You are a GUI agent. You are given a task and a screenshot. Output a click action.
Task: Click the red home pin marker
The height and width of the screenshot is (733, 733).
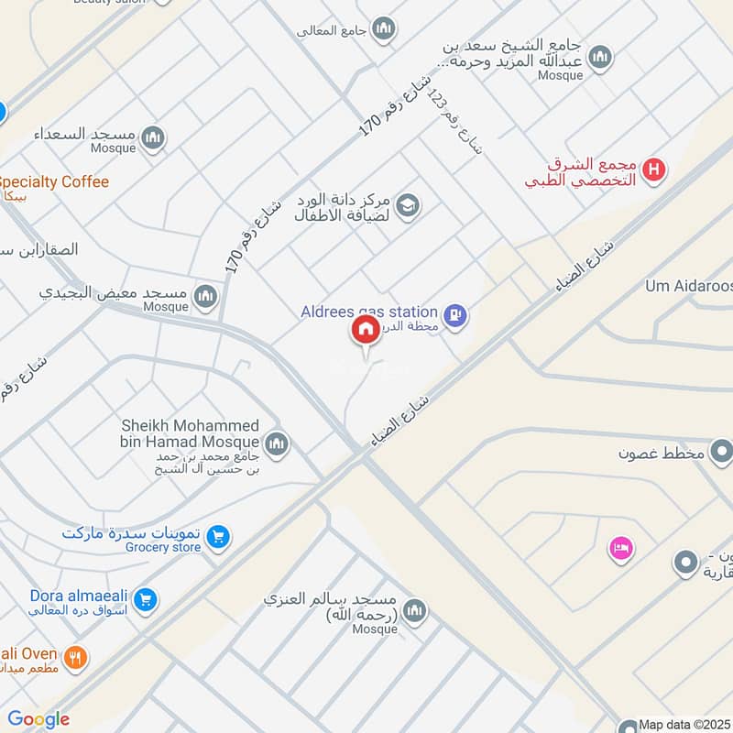tap(365, 330)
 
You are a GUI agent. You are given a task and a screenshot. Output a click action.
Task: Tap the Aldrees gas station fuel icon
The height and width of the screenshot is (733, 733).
tap(454, 317)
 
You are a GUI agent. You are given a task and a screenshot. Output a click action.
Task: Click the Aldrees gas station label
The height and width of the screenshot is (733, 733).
tap(368, 312)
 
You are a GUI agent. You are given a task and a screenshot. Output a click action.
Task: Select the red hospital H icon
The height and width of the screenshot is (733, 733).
tap(654, 170)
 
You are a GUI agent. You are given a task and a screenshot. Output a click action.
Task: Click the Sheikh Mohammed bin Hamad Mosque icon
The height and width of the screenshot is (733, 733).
tap(277, 444)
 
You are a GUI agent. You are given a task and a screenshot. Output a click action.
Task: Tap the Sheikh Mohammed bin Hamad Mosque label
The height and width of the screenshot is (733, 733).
tap(191, 434)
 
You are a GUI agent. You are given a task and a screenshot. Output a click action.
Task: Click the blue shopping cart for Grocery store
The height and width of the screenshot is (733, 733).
tap(217, 537)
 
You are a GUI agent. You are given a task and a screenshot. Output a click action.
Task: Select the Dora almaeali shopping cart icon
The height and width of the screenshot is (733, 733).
tap(145, 600)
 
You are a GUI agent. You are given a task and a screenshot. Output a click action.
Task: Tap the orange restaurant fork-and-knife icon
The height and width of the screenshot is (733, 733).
tap(76, 656)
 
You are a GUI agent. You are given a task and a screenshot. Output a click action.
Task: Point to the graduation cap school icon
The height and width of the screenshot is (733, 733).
tap(408, 205)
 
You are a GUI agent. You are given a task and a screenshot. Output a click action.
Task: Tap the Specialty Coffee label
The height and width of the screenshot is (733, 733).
tap(55, 181)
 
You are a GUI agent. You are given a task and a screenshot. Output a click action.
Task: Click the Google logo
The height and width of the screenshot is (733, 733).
tap(38, 719)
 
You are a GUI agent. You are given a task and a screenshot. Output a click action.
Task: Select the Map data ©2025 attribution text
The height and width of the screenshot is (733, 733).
tap(684, 724)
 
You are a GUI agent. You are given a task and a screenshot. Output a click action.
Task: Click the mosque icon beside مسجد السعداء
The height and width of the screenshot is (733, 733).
tap(153, 138)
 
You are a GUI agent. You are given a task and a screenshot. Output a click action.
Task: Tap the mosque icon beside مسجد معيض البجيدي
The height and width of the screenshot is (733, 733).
tap(205, 295)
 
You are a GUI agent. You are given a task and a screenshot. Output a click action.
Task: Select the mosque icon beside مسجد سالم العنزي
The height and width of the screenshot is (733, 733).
tap(415, 610)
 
